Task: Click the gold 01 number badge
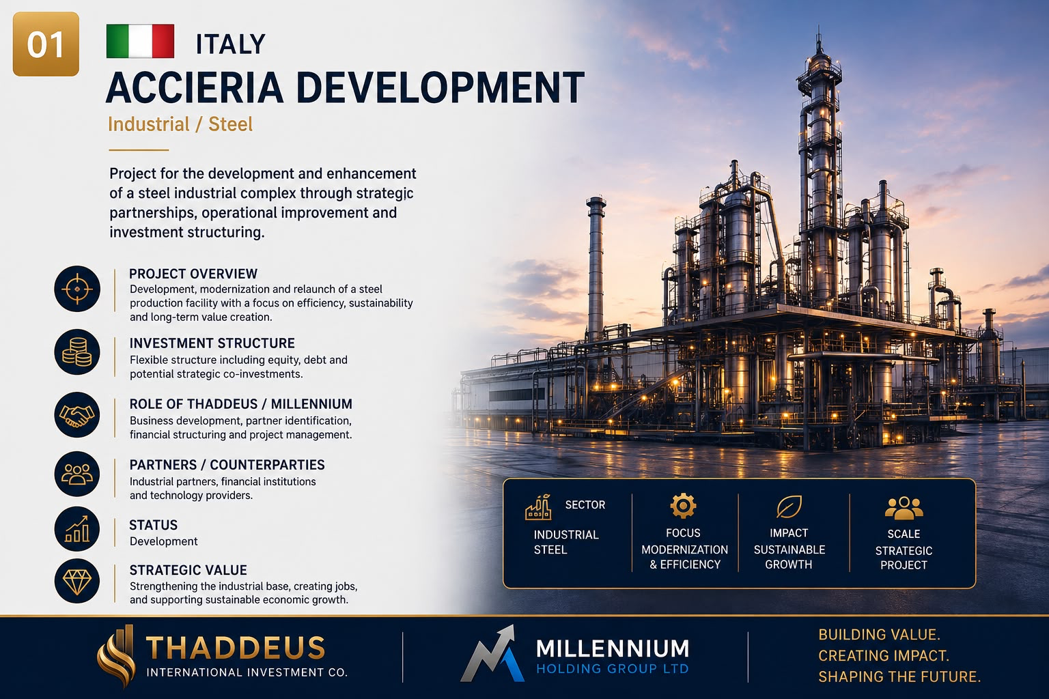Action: click(46, 44)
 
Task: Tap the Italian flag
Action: click(141, 41)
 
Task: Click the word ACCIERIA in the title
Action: click(195, 87)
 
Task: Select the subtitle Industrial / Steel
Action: click(180, 124)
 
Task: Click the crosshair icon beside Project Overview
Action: click(77, 289)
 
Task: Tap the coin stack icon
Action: click(77, 352)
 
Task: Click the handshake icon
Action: click(77, 415)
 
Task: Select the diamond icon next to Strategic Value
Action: click(77, 580)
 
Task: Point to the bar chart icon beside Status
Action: click(77, 528)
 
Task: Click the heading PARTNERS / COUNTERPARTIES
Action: click(227, 465)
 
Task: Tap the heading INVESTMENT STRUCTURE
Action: click(212, 343)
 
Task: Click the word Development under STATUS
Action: click(163, 542)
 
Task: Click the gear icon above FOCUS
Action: click(683, 506)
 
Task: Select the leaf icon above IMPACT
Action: click(789, 507)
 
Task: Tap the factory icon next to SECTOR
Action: click(538, 507)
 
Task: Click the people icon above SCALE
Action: click(904, 508)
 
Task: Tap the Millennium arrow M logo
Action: click(492, 653)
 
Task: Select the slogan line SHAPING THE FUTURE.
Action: click(899, 677)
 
